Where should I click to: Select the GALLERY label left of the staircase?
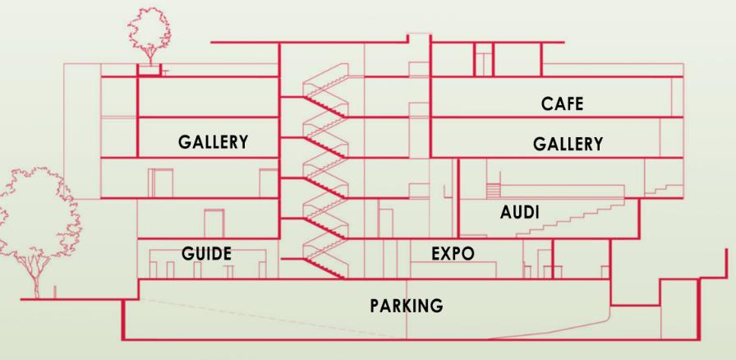(x=214, y=141)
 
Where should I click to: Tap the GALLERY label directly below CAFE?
(x=568, y=144)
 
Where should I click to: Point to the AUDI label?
(x=519, y=213)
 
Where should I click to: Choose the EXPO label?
(x=453, y=253)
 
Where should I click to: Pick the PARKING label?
(x=407, y=306)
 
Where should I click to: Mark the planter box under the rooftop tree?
(x=148, y=71)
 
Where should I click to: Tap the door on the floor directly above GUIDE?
(x=215, y=222)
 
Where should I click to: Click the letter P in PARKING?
(x=375, y=306)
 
